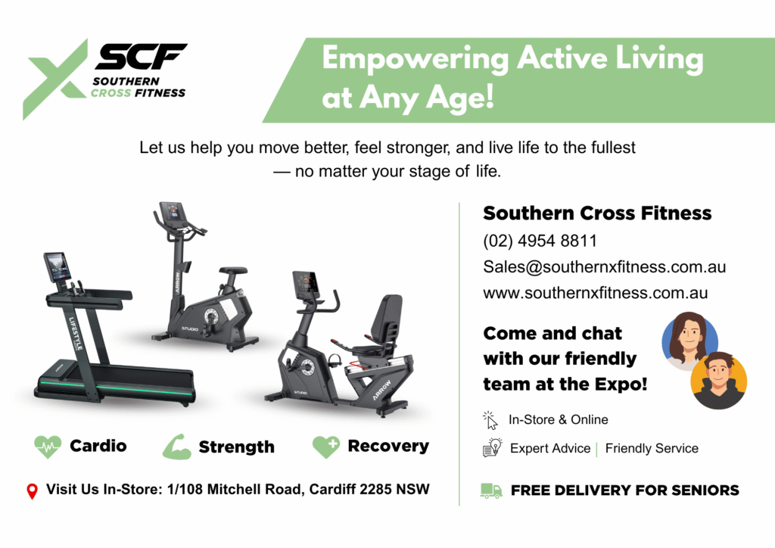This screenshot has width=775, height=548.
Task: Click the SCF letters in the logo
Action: (141, 56)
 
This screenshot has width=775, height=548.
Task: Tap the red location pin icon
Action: (32, 491)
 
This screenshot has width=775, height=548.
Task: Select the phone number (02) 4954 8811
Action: (540, 241)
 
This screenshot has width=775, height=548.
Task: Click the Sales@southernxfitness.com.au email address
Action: (604, 267)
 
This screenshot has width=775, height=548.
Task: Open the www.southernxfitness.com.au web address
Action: (595, 293)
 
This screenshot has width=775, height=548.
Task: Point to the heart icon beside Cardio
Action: (48, 447)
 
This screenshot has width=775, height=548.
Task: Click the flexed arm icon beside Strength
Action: (177, 447)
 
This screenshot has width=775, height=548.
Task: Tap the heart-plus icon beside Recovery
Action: (326, 447)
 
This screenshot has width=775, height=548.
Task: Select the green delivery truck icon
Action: (491, 490)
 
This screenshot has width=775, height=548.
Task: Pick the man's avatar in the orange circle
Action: (719, 380)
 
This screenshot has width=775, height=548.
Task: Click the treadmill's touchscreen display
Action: (58, 267)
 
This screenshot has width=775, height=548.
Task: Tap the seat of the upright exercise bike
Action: (233, 271)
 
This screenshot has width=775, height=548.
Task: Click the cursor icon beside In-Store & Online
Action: (490, 420)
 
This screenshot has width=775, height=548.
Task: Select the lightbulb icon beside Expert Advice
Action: (492, 447)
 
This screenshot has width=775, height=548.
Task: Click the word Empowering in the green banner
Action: (416, 59)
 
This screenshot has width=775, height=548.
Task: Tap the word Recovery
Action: (388, 446)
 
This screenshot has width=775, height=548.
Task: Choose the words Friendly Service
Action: (652, 448)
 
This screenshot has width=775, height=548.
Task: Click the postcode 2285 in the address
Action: (375, 489)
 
